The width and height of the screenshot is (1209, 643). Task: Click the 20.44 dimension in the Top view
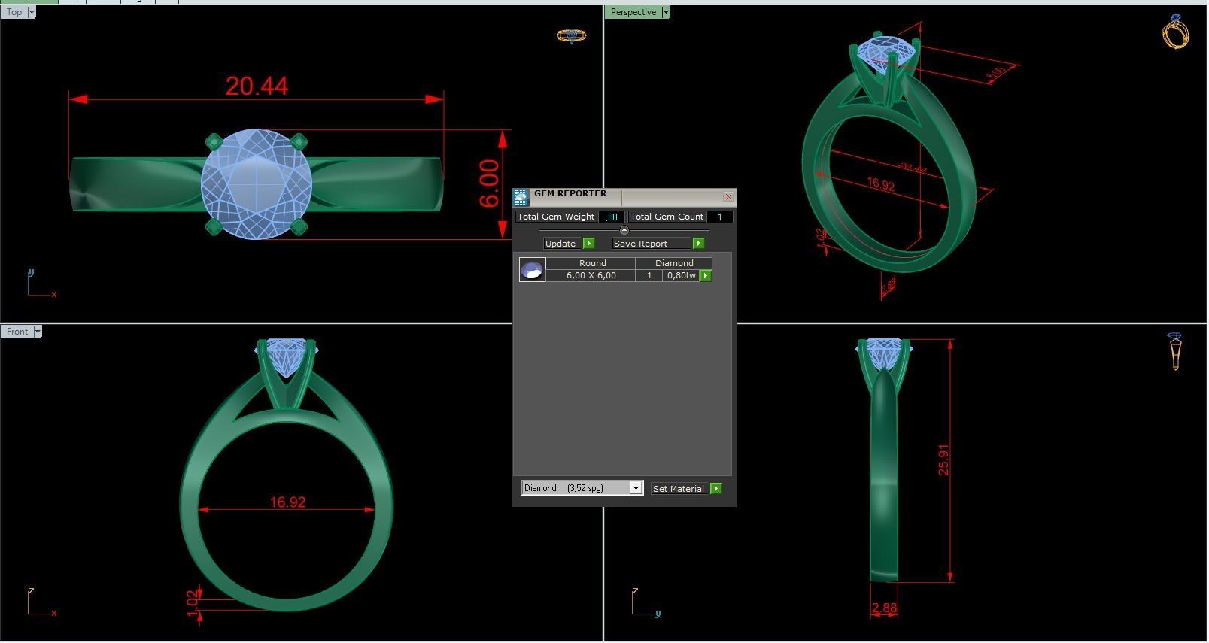pos(257,86)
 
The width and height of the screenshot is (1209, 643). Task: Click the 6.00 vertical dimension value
pos(489,183)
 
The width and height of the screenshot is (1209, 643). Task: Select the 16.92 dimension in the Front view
pos(287,502)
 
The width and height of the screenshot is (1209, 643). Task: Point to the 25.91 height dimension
pos(943,460)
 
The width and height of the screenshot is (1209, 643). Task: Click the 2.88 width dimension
pos(884,608)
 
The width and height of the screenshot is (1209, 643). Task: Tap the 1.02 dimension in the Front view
pos(193,603)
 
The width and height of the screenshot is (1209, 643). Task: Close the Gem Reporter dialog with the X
pos(728,197)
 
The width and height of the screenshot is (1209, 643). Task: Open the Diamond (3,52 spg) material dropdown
pos(636,488)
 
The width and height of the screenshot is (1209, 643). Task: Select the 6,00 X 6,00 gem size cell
pos(591,275)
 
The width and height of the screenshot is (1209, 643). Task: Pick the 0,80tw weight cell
pos(681,275)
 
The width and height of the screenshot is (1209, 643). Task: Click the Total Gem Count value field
pos(719,217)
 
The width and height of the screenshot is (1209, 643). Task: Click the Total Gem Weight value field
pos(612,217)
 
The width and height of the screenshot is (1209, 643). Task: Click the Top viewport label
pos(14,12)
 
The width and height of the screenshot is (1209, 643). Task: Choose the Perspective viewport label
pos(633,12)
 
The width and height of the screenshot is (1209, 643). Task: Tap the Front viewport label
pos(17,332)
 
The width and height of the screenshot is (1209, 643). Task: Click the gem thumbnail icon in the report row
pos(532,270)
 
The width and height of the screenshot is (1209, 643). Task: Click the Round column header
pos(592,263)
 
